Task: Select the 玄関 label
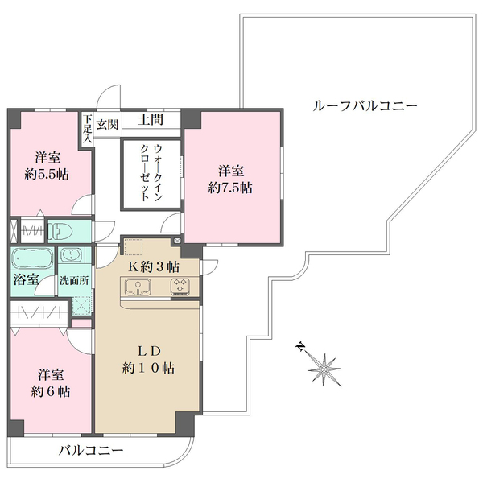point(109,123)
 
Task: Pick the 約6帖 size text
point(50,392)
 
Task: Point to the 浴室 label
point(25,281)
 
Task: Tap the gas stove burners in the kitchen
point(179,286)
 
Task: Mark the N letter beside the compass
point(300,347)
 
